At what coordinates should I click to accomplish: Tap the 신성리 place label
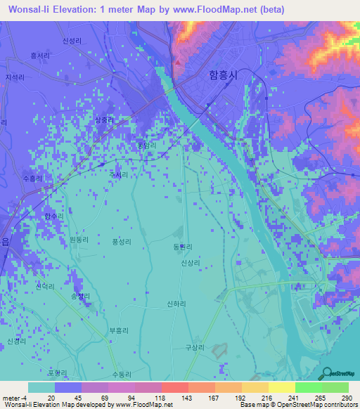click(72, 41)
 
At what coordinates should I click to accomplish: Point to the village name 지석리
click(14, 77)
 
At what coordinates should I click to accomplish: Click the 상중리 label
click(105, 120)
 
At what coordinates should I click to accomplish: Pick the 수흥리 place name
click(33, 178)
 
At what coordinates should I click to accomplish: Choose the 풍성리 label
click(122, 241)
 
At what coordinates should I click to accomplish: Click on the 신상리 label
click(191, 262)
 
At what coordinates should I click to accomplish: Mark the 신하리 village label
click(176, 304)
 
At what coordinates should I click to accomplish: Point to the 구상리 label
click(194, 347)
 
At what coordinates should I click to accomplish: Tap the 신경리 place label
click(15, 341)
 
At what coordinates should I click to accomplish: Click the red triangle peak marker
click(179, 60)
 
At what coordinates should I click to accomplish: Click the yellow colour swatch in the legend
click(281, 387)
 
